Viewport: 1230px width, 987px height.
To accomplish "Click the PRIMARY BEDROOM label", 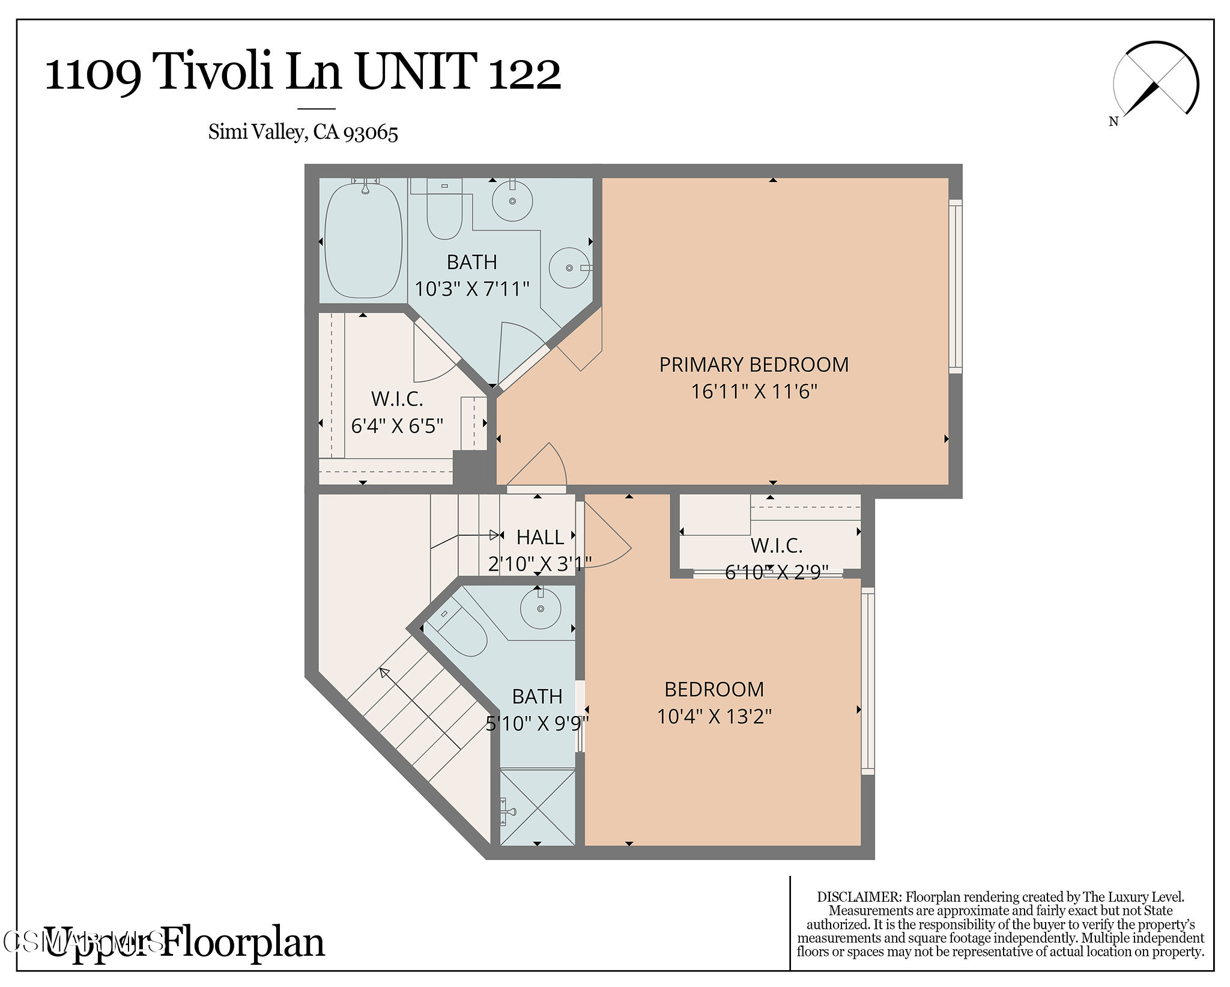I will coord(754,365).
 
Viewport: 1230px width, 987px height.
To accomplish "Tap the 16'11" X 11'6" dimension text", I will coord(754,392).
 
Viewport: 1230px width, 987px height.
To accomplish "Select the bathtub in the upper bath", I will coord(363,240).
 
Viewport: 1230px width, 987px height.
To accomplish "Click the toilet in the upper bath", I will coord(444,213).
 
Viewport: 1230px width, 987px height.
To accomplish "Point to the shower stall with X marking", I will coord(538,806).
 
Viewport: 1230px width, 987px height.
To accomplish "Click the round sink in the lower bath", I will coord(541,609).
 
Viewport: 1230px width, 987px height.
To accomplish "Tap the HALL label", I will coord(540,537).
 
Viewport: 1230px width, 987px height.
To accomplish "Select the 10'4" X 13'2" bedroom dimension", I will coord(714,716).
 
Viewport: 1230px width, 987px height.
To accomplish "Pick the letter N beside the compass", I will coord(1113,121).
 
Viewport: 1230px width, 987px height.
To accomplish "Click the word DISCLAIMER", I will coord(859,897).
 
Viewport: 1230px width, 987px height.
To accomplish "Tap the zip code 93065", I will coord(371,132).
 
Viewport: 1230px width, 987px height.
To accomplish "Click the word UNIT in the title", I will coord(416,72).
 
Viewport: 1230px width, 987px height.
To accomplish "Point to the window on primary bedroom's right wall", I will coord(955,286).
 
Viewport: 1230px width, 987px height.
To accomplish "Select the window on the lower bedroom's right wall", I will coord(868,681).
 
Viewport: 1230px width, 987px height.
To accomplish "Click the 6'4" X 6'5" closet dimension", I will coord(397,426).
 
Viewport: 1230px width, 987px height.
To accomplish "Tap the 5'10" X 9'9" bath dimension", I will coord(537,723).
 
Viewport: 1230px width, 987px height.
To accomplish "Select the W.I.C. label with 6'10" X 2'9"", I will coord(777,545).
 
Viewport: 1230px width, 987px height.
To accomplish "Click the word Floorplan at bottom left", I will coord(243,942).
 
